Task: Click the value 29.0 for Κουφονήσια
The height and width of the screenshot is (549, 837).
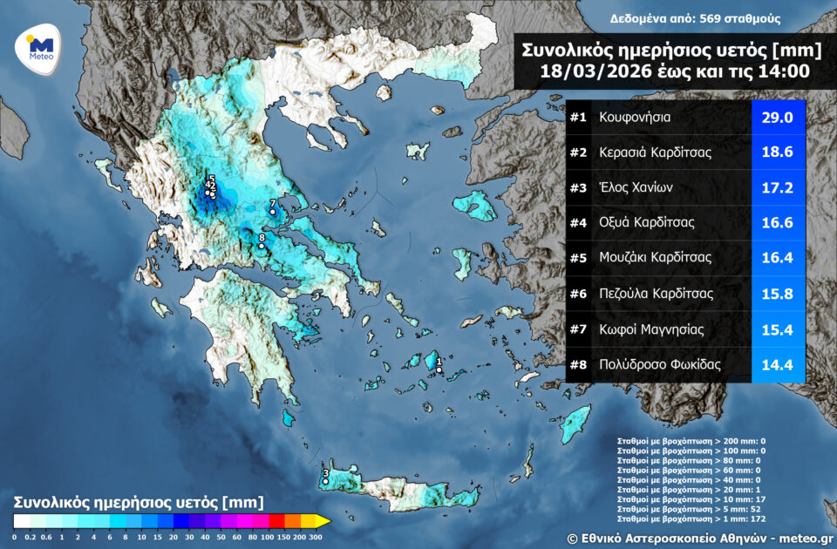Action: [x=778, y=116]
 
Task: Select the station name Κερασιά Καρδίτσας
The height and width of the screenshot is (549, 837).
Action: [x=656, y=152]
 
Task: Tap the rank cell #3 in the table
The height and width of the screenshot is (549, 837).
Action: [x=579, y=187]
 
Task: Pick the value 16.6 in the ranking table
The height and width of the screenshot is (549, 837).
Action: [x=778, y=223]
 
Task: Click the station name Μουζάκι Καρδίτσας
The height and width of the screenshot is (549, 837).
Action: [x=655, y=258]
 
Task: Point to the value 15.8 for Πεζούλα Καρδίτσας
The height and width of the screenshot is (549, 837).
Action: [x=778, y=294]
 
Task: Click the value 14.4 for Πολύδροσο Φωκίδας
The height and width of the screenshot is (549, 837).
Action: [x=778, y=365]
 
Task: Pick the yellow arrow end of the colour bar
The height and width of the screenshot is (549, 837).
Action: [x=323, y=521]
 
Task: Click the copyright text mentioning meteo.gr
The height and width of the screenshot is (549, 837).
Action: [x=697, y=538]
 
